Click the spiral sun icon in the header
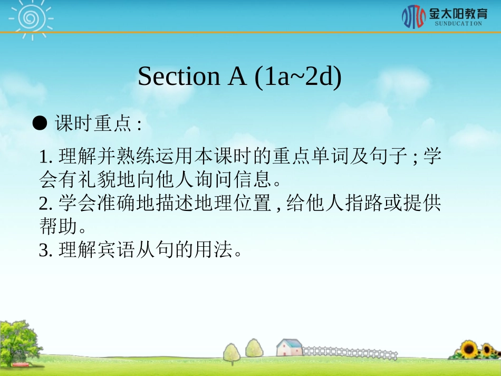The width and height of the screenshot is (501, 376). click(31, 17)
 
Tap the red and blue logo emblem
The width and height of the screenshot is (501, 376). click(413, 16)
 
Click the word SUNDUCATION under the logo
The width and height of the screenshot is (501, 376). click(458, 24)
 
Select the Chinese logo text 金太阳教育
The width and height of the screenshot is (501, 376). click(458, 13)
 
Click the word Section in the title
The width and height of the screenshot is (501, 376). click(178, 77)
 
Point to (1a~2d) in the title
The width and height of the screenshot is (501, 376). click(298, 77)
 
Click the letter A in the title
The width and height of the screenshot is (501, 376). click(237, 77)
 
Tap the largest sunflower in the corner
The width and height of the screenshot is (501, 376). click(468, 349)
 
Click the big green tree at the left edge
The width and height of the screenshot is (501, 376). click(18, 340)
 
